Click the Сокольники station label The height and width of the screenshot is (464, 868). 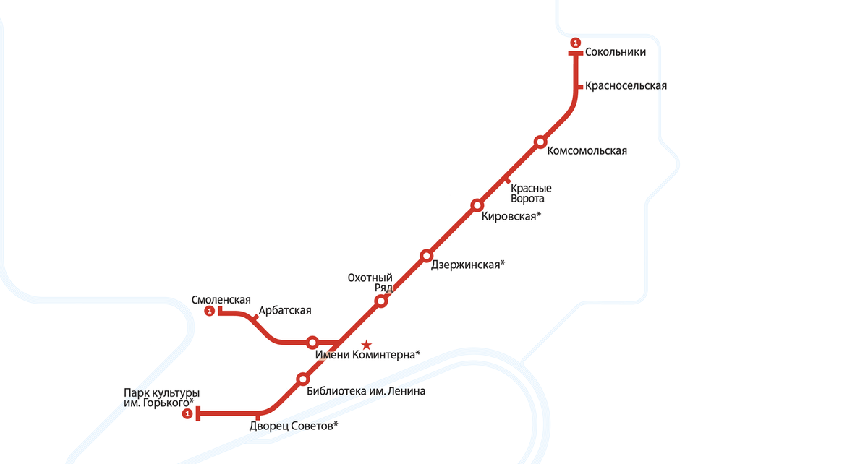[x=615, y=52]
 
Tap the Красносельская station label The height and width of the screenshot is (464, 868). [x=626, y=86]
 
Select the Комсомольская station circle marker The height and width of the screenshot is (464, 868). [x=540, y=142]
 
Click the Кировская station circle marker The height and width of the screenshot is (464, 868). [x=477, y=205]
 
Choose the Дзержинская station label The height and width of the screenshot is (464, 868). [x=467, y=265]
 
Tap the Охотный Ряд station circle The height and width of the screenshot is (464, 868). [x=381, y=301]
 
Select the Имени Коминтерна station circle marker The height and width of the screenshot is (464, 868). [x=312, y=342]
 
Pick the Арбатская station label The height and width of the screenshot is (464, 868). [x=284, y=311]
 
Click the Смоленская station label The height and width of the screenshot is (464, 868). [x=221, y=300]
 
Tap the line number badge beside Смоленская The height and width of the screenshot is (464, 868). [x=210, y=312]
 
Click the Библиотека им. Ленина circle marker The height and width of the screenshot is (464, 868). [x=303, y=379]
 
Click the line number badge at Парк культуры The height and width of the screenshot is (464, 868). [x=187, y=414]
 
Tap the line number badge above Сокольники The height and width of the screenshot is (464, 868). [x=576, y=43]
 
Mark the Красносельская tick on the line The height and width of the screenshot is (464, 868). [x=579, y=87]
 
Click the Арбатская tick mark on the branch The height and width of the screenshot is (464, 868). [x=254, y=317]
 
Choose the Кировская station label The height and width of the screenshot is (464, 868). [x=511, y=216]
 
